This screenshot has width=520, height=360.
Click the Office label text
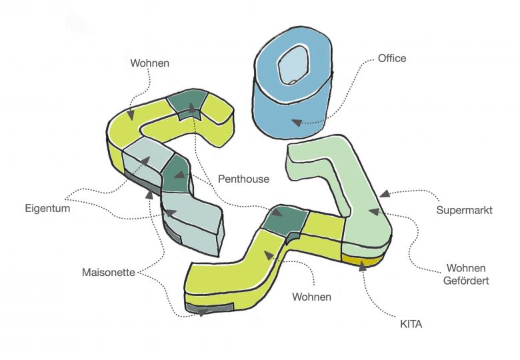coord(392,59)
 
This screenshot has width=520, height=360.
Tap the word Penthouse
coord(243,179)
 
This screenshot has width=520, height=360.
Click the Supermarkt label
coord(464,211)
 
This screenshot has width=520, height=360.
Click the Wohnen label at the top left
coord(149,63)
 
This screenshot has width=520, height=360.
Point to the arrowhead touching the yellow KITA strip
coord(362,266)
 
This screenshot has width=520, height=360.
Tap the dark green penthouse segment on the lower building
coord(285,221)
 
